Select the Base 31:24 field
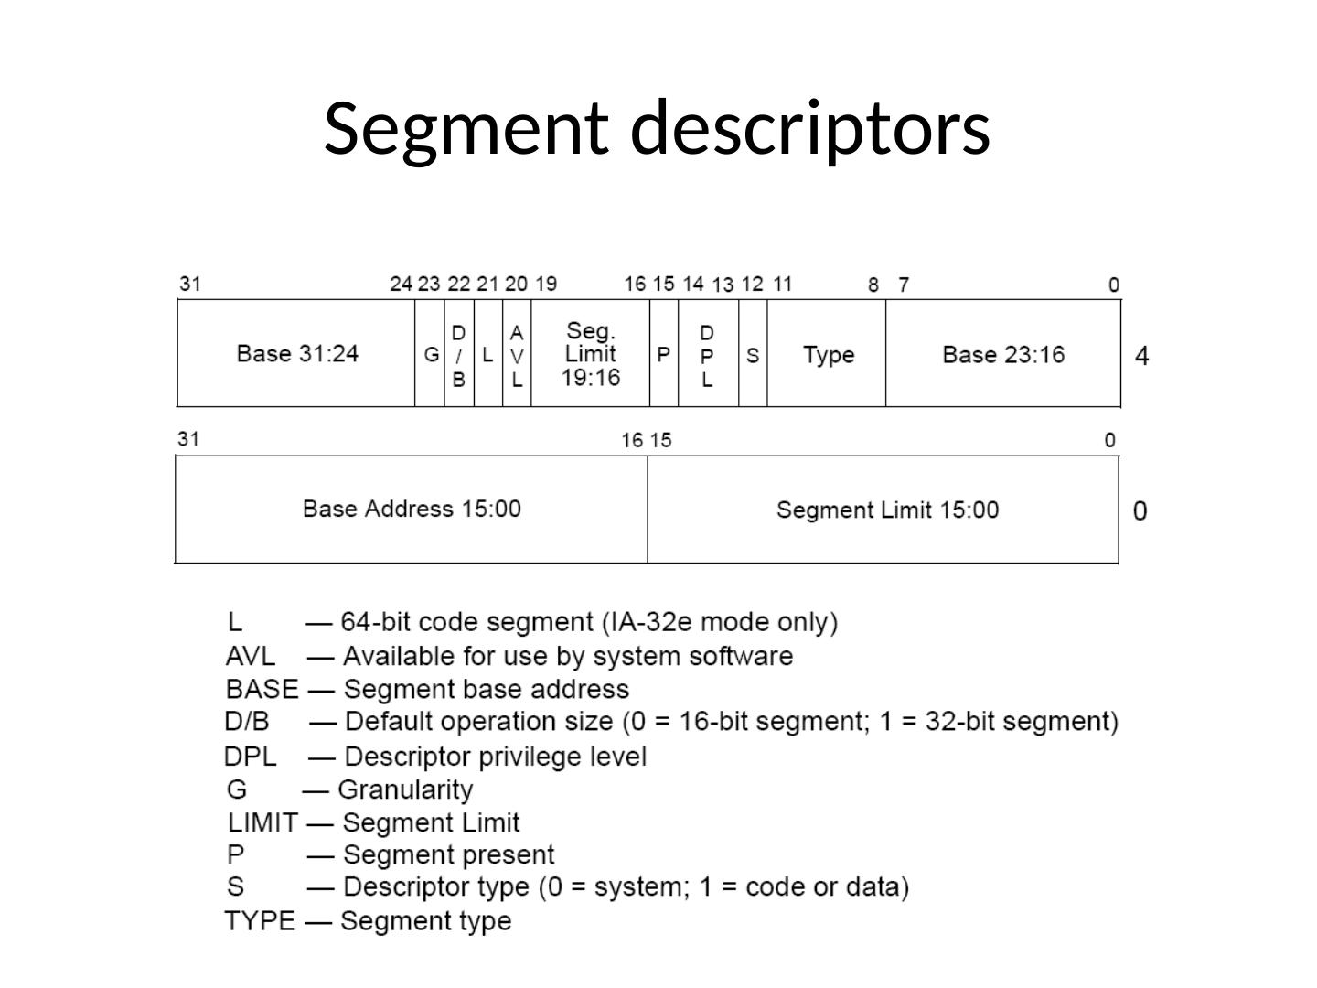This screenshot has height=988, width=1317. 296,353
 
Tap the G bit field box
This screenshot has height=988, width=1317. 430,353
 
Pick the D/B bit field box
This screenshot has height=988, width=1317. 459,353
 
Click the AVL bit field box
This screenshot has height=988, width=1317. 517,353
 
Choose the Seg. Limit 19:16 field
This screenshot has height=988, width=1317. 591,353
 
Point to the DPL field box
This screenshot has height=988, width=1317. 709,353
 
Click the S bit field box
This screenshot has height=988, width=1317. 753,353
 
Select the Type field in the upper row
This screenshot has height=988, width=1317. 827,353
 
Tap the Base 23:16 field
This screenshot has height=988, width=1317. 1003,353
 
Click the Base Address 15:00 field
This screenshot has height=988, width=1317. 412,510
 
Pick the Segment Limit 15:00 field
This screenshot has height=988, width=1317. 883,510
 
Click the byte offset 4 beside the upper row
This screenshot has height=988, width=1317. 1141,356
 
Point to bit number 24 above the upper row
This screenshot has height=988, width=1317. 402,284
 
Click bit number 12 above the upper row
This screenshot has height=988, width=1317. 753,284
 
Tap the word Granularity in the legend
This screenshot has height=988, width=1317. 405,790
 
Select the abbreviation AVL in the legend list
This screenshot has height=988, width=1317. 251,656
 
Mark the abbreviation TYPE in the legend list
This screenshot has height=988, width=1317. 260,921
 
